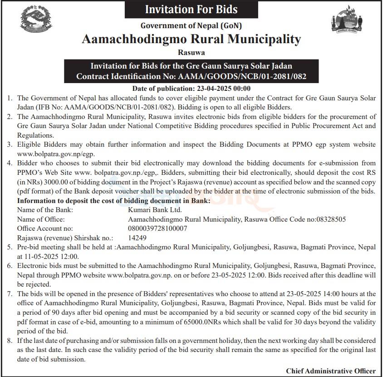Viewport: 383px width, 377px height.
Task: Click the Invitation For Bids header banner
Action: click(x=191, y=9)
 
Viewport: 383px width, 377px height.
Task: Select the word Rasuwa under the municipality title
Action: click(x=191, y=53)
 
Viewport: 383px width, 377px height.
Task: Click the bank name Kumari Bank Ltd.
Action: click(x=148, y=210)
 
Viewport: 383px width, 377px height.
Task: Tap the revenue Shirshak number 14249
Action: click(x=137, y=238)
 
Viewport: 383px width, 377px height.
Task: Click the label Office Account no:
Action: click(x=44, y=228)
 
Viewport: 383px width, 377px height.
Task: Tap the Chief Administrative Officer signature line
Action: click(x=331, y=371)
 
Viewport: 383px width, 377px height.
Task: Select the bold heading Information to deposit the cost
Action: click(x=113, y=200)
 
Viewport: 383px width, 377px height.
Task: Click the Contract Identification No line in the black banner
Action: click(x=191, y=76)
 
